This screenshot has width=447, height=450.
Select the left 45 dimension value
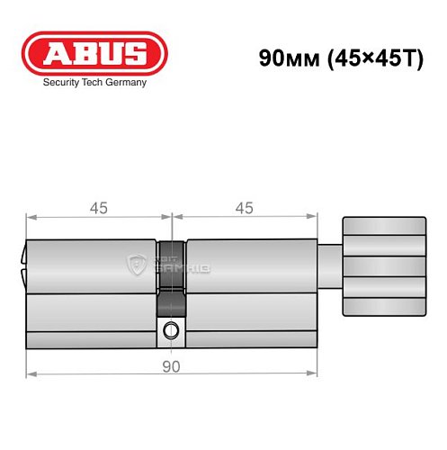click(99, 208)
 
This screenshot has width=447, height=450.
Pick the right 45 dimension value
click(243, 208)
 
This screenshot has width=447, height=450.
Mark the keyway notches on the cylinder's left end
click(23, 266)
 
